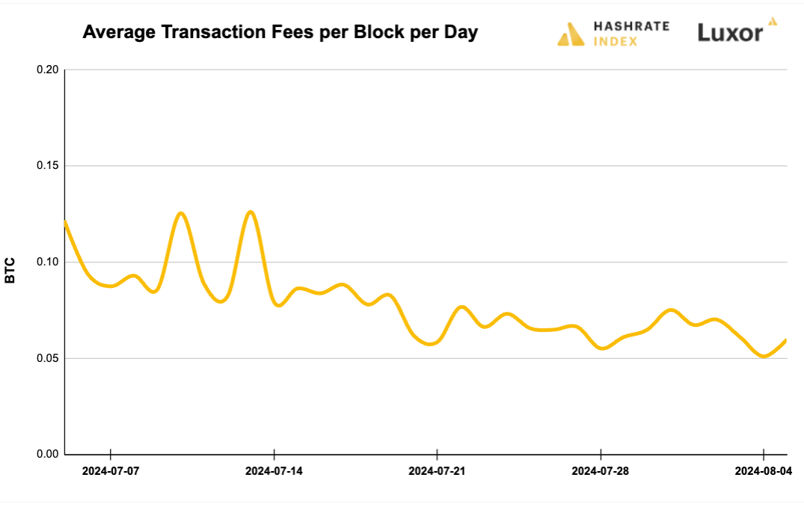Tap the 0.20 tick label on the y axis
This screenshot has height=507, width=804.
coord(47,70)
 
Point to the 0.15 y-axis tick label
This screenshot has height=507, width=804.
coord(47,165)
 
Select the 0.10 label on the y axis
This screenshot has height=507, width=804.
coord(47,262)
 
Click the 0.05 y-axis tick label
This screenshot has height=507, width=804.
coord(47,358)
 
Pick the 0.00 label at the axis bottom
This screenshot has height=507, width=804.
coord(47,454)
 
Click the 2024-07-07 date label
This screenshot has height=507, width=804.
coord(111,471)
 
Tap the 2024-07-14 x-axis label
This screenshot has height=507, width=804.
coord(274,471)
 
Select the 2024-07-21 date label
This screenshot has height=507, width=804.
coord(437,471)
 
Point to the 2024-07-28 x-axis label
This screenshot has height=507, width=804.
coord(601,471)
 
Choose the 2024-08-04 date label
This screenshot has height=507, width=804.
coord(763,471)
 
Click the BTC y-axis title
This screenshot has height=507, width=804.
coord(10,270)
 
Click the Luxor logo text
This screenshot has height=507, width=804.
coord(730,33)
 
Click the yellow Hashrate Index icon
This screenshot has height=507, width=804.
coord(571,34)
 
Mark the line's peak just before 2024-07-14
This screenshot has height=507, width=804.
coord(251,212)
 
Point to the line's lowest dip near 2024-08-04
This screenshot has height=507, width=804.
coord(764,356)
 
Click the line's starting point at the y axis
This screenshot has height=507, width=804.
coord(65,221)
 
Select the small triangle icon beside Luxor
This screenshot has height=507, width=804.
coord(773,22)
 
